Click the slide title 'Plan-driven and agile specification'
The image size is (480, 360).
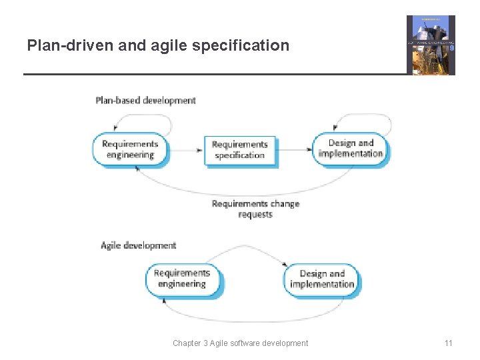click(158, 45)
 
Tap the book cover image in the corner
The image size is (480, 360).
click(431, 45)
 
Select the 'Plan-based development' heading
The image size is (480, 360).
click(145, 101)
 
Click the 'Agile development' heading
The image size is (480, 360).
click(138, 245)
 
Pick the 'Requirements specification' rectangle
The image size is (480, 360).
click(239, 150)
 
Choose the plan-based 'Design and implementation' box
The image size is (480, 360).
click(351, 148)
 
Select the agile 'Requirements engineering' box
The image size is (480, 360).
click(182, 279)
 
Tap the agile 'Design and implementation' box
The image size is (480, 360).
click(322, 279)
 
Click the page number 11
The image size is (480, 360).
click(448, 343)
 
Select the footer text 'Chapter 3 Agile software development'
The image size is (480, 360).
click(240, 343)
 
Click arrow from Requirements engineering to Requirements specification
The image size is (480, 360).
click(185, 150)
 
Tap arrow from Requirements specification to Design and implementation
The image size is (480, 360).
click(295, 150)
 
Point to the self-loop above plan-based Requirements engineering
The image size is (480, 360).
click(143, 119)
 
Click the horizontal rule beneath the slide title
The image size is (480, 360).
click(213, 74)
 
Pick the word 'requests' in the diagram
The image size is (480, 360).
click(255, 215)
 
